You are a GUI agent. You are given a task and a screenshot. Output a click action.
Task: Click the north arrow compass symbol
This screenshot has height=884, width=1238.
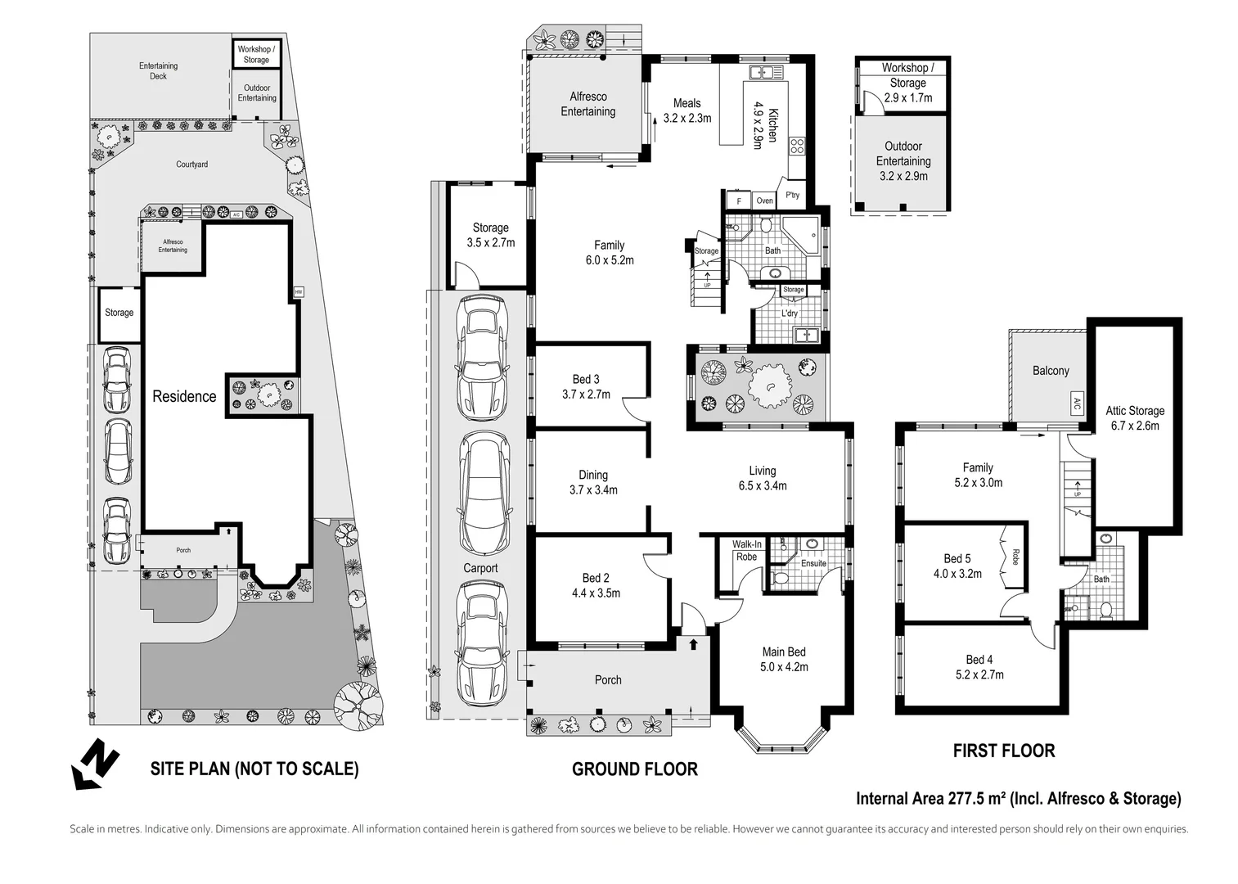click(x=95, y=764)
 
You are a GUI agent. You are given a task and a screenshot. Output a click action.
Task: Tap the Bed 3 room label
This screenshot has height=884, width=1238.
click(x=586, y=379)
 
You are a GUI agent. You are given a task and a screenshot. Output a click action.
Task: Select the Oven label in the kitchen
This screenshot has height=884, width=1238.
click(x=764, y=201)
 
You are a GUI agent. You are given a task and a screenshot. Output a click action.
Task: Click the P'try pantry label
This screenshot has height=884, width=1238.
click(x=793, y=195)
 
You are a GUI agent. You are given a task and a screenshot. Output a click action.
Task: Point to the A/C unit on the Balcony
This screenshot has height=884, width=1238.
click(x=1077, y=404)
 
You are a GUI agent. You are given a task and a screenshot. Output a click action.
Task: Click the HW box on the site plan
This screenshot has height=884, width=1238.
click(x=299, y=292)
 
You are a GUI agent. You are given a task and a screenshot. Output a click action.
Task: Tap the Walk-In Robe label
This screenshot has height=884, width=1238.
click(x=747, y=551)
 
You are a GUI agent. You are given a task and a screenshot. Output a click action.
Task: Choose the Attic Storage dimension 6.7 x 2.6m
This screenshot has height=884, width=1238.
click(x=1135, y=426)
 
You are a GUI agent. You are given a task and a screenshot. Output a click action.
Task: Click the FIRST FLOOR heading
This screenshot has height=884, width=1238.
click(x=1004, y=751)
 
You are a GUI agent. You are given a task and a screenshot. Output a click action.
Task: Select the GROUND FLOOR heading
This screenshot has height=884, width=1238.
click(x=634, y=769)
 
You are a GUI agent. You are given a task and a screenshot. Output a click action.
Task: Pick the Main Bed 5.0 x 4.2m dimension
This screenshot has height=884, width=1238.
click(x=784, y=667)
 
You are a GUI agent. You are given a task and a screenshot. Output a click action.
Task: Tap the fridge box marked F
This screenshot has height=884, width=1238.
click(x=739, y=201)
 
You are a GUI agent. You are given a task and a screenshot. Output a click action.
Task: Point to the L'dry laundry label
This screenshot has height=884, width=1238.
click(x=790, y=313)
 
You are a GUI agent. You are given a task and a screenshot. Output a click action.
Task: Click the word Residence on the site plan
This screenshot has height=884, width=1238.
click(x=184, y=396)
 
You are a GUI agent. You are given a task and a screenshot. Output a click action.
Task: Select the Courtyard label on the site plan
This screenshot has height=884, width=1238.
click(x=191, y=165)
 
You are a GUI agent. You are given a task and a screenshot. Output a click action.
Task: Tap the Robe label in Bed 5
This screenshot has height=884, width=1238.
click(x=1015, y=557)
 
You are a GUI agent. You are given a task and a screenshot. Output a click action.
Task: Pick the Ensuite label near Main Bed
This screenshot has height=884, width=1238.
click(x=813, y=563)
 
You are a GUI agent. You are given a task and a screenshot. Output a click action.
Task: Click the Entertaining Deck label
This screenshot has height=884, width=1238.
click(x=158, y=70)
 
